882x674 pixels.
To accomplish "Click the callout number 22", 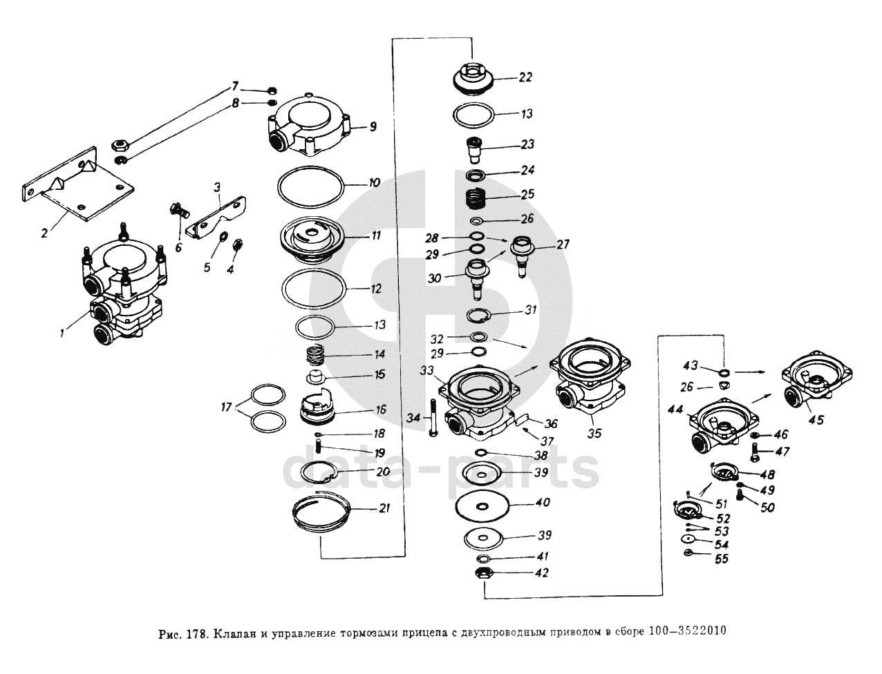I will click(525, 77).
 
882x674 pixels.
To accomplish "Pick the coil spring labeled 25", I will click(475, 198).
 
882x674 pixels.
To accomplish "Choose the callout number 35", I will click(594, 434).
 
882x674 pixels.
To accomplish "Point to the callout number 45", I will click(816, 420).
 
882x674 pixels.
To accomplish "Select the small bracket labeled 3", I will click(220, 215).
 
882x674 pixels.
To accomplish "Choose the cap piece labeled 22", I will click(474, 78).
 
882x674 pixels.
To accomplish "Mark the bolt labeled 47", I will click(756, 454).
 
